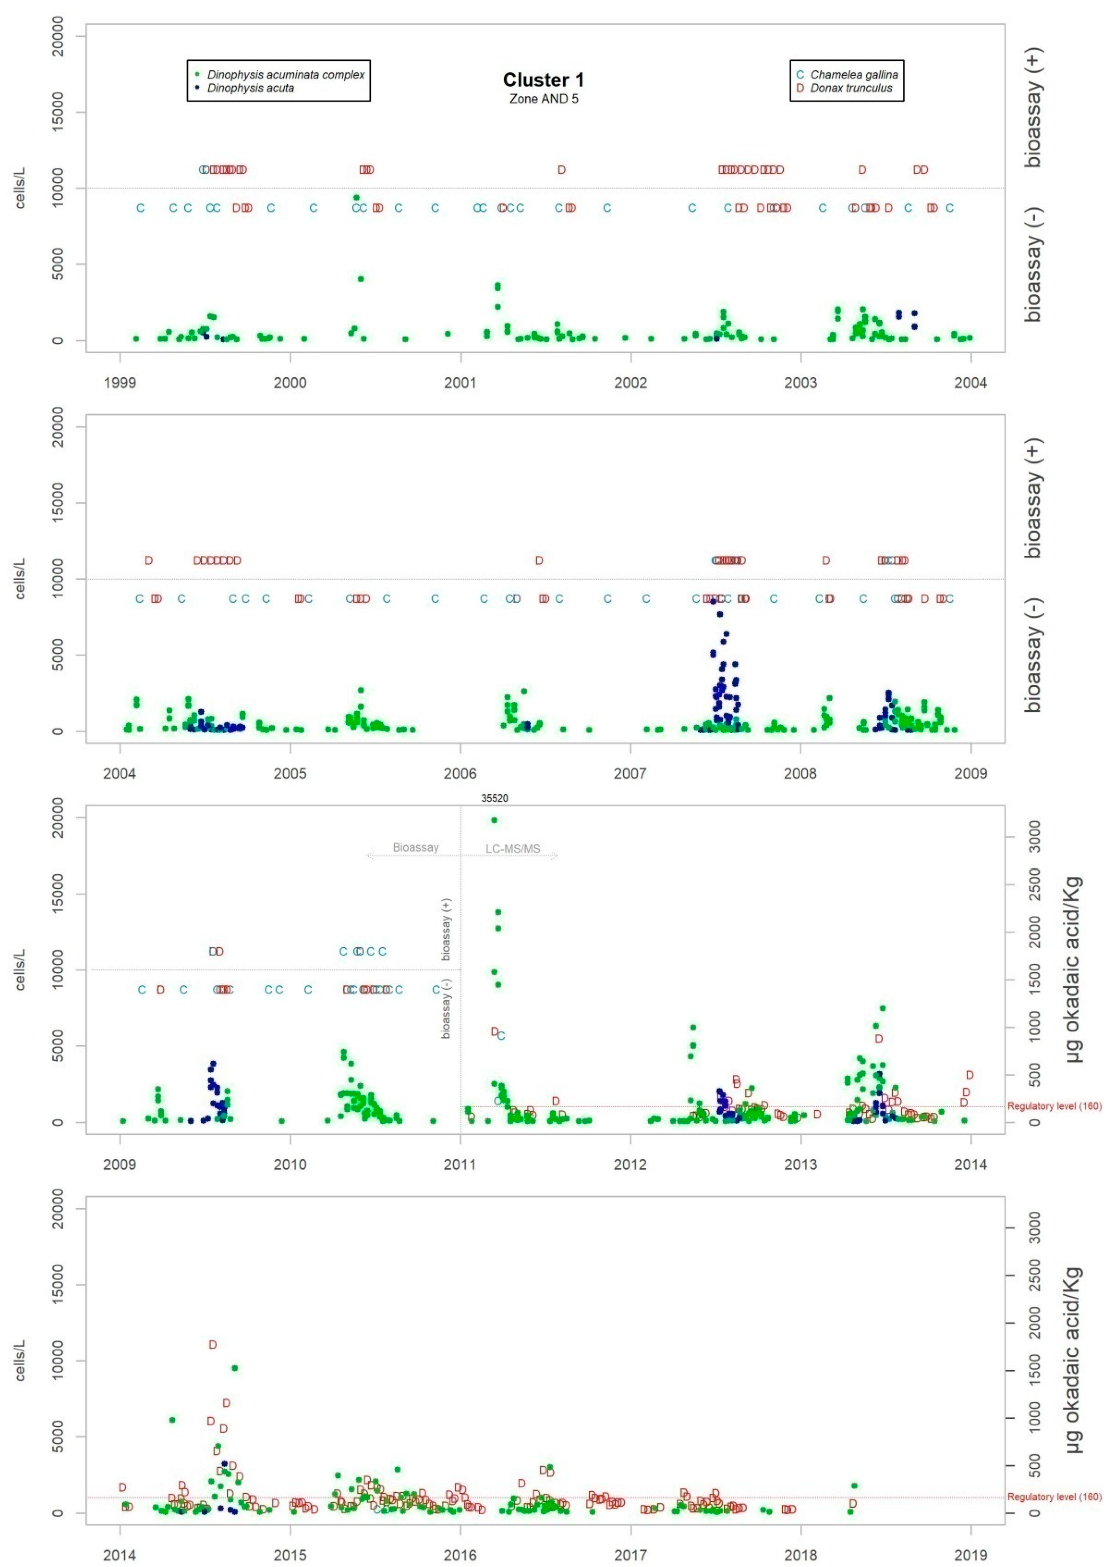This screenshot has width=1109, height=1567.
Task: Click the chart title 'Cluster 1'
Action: (x=543, y=80)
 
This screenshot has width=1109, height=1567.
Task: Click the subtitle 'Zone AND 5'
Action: (x=543, y=98)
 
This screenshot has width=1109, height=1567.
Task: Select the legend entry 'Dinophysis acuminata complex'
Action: (x=285, y=75)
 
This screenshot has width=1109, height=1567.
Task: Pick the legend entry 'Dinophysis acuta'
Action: (x=251, y=88)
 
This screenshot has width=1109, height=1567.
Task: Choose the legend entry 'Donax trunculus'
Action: (x=851, y=88)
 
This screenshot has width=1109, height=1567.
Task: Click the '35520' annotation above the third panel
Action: (x=494, y=798)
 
